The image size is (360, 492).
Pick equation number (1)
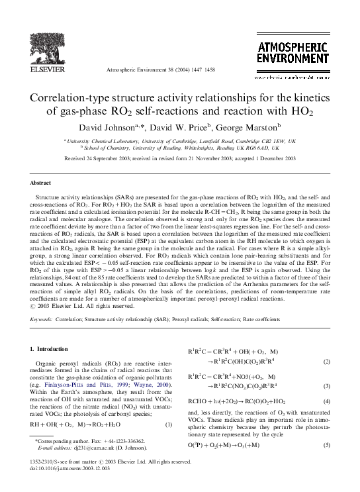[169, 443]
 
